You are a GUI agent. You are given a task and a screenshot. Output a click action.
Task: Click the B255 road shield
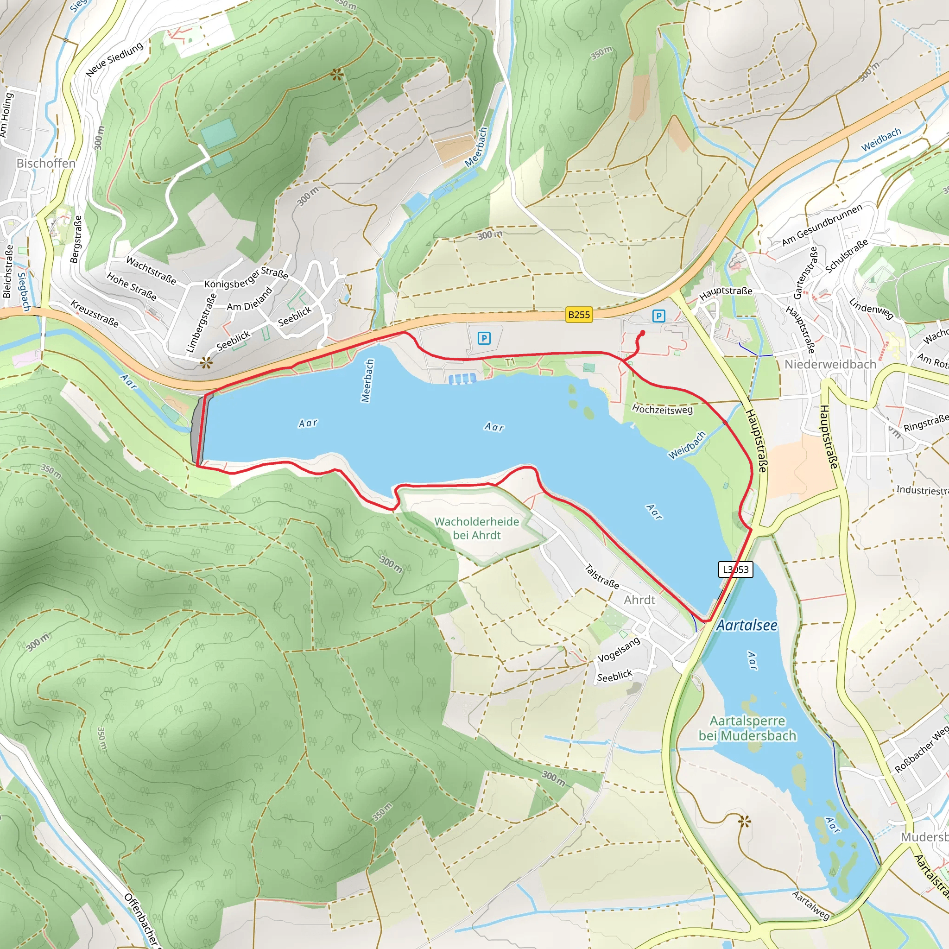pyautogui.click(x=579, y=314)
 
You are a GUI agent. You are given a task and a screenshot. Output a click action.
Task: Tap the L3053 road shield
pyautogui.click(x=735, y=569)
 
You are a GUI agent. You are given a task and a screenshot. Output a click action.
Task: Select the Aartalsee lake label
pyautogui.click(x=747, y=625)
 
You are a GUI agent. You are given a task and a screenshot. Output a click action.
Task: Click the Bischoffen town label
pyautogui.click(x=46, y=163)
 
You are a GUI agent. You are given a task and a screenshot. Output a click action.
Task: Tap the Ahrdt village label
pyautogui.click(x=639, y=600)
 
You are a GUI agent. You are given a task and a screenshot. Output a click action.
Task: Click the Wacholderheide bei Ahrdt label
pyautogui.click(x=476, y=528)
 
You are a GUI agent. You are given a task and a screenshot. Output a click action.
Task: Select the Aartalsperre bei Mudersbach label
pyautogui.click(x=747, y=728)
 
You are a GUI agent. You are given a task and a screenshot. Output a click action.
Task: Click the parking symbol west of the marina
pyautogui.click(x=484, y=338)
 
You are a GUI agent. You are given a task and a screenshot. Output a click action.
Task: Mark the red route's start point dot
pyautogui.click(x=643, y=333)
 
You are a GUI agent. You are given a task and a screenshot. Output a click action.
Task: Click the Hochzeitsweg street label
pyautogui.click(x=662, y=409)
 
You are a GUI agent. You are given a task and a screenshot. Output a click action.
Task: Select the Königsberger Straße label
pyautogui.click(x=246, y=278)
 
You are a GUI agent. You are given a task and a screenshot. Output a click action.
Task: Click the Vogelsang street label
pyautogui.click(x=619, y=649)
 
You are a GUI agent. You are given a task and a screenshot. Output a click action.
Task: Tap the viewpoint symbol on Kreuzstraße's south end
pyautogui.click(x=206, y=363)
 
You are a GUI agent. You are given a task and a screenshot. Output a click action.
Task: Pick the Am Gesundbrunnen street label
pyautogui.click(x=822, y=225)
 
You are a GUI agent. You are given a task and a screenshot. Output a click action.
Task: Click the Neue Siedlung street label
pyautogui.click(x=114, y=59)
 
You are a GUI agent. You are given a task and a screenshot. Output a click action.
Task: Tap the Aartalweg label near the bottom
pyautogui.click(x=810, y=906)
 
